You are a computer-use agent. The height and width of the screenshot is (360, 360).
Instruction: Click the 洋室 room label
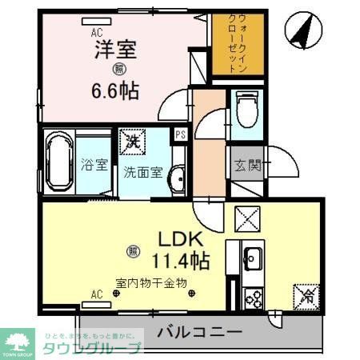click(x=117, y=50)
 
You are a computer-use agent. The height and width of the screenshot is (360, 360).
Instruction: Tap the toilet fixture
click(x=246, y=109)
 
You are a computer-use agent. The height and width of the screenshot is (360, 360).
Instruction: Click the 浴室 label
click(x=94, y=166)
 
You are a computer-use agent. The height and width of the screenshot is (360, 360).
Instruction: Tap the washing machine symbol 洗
click(x=132, y=142)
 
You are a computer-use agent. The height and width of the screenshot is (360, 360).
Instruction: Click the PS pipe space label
click(x=181, y=136)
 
